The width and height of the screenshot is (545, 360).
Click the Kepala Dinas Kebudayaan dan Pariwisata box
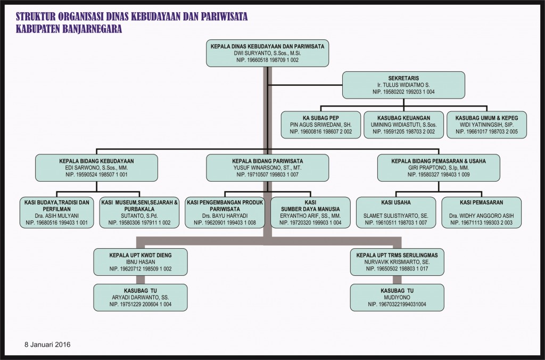click(x=267, y=53)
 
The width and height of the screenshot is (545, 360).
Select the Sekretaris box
click(x=403, y=85)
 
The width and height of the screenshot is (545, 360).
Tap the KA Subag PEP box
click(x=321, y=125)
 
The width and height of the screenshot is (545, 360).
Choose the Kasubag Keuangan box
click(x=403, y=125)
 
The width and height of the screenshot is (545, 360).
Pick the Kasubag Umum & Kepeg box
click(x=486, y=125)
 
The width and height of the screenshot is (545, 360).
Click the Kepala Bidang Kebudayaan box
click(x=97, y=168)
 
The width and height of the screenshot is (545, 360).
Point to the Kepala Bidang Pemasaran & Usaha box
click(x=439, y=168)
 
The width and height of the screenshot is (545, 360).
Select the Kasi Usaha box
click(x=396, y=212)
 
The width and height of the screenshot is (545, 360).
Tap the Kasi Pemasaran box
click(x=481, y=212)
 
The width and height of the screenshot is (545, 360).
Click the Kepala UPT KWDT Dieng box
click(x=141, y=262)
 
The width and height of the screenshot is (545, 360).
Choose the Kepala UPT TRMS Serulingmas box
click(x=397, y=262)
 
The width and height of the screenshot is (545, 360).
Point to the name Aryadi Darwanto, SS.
click(x=141, y=297)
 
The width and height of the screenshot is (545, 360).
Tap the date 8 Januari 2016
click(x=47, y=345)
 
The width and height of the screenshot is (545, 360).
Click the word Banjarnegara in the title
click(x=93, y=29)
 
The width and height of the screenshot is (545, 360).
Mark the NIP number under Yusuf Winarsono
click(x=267, y=175)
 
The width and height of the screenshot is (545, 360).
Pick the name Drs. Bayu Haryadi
click(x=225, y=216)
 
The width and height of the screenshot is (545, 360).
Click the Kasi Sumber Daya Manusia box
click(x=310, y=212)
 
